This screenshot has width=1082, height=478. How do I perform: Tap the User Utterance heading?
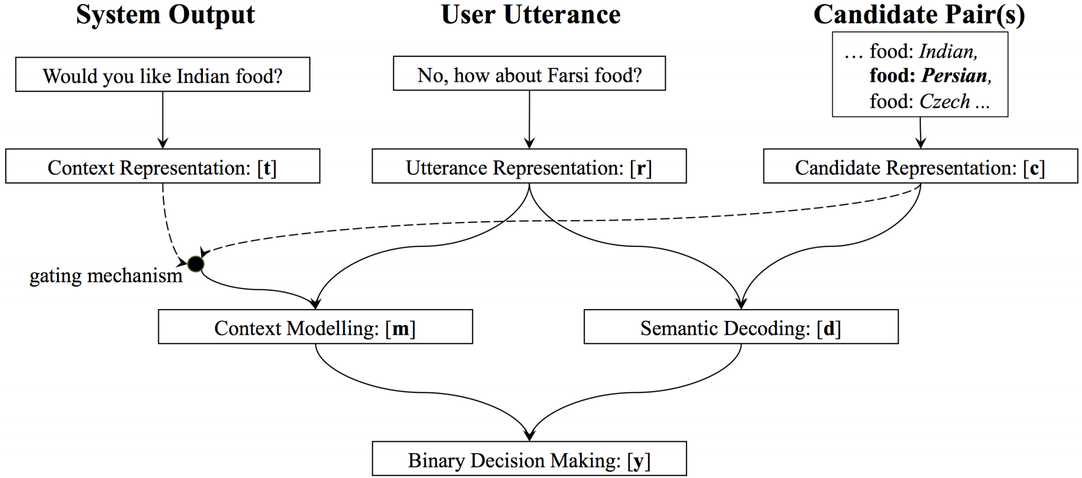(x=531, y=14)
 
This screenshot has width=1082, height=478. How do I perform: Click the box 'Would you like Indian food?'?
(x=163, y=75)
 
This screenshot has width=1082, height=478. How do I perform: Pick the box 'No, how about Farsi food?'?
(x=529, y=74)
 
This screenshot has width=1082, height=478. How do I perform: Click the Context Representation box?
(x=163, y=166)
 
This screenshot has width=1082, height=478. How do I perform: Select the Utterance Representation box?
(x=529, y=166)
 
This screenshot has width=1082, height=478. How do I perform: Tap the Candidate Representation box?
(x=920, y=166)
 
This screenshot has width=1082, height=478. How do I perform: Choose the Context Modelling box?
(x=316, y=327)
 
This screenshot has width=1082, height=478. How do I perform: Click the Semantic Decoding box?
(x=741, y=327)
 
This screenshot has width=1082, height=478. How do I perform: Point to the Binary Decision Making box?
(x=529, y=459)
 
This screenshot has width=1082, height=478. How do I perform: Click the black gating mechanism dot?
(x=196, y=264)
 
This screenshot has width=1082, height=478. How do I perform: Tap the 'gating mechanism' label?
(x=106, y=276)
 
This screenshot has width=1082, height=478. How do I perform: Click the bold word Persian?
(x=955, y=76)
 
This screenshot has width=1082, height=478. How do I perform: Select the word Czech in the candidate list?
(x=945, y=101)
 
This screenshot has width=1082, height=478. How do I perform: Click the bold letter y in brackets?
(x=639, y=461)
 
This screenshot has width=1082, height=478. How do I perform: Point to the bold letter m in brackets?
(x=400, y=329)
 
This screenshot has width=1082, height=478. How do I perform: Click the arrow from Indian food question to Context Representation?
(x=163, y=120)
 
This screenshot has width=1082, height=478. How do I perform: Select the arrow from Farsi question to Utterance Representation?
(x=529, y=119)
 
